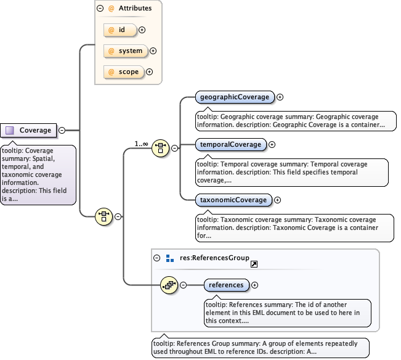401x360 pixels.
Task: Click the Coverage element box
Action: coord(29,130)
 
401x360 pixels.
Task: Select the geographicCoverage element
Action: coord(235,97)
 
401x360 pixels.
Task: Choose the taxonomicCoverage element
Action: coord(233,200)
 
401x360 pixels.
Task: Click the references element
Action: coord(227,285)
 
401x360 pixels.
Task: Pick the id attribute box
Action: coord(119,29)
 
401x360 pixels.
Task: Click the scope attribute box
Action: coord(123,72)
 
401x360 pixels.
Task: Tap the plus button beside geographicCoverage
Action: coord(280,97)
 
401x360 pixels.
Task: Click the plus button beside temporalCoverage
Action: coord(272,144)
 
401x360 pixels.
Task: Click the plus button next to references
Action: coord(255,285)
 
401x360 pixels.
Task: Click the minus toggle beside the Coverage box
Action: coord(62,130)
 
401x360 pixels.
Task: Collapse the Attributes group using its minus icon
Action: coord(100,9)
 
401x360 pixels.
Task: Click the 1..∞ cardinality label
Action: coord(142,144)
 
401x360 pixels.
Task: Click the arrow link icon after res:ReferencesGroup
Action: coord(254,263)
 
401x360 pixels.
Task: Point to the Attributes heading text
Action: coord(135,9)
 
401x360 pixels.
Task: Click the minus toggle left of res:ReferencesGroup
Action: coord(157,258)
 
